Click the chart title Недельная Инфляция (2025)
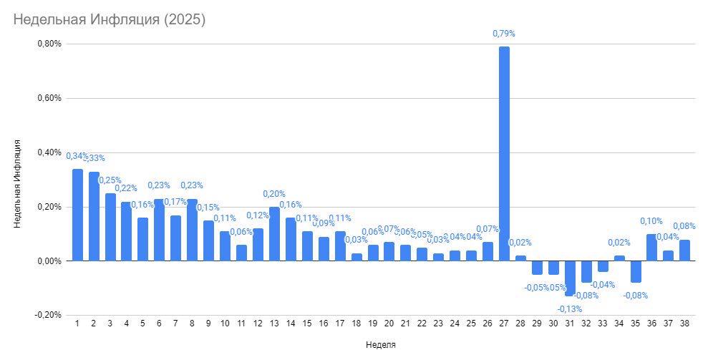[110, 20]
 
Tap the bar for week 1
[77, 215]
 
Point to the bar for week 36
[651, 248]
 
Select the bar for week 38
[684, 250]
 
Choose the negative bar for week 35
[636, 272]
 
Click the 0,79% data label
[504, 34]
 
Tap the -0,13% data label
[570, 308]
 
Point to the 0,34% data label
[77, 156]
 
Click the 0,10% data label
[651, 221]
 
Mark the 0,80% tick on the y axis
[49, 44]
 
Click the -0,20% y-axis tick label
[48, 315]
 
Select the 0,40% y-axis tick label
[49, 152]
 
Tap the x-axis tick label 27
[504, 323]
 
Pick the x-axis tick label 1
[77, 323]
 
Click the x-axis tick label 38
[684, 323]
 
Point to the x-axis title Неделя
[380, 345]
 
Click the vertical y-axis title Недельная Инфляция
[17, 185]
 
